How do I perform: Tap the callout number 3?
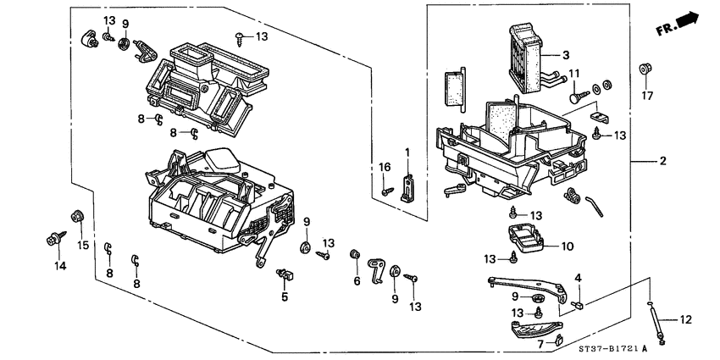[x=565, y=54]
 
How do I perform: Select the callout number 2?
[x=663, y=160]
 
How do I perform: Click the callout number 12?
[x=687, y=319]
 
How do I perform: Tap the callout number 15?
[x=83, y=245]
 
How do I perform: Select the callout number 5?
[x=285, y=296]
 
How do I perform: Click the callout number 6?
[x=357, y=280]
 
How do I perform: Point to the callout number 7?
[x=540, y=344]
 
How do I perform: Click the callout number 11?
[x=573, y=74]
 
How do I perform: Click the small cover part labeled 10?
[x=524, y=236]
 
